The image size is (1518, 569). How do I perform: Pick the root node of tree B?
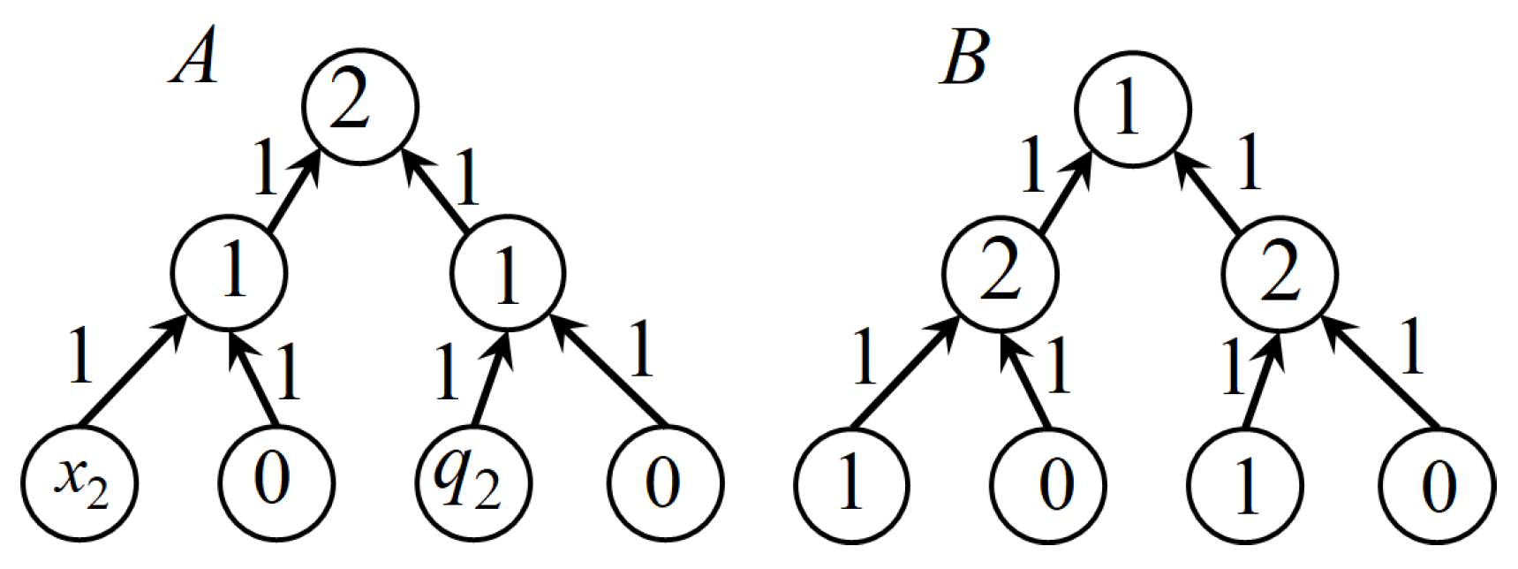click(x=1132, y=109)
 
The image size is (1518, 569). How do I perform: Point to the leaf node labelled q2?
click(x=472, y=482)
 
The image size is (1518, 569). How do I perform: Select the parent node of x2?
click(x=230, y=272)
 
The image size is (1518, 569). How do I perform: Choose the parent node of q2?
click(x=507, y=272)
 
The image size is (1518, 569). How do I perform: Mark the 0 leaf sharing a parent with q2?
click(x=664, y=482)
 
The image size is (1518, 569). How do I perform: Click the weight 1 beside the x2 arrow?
click(x=80, y=356)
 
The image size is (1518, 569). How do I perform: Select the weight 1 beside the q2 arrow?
click(x=447, y=371)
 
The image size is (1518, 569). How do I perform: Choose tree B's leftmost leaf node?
click(x=850, y=484)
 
